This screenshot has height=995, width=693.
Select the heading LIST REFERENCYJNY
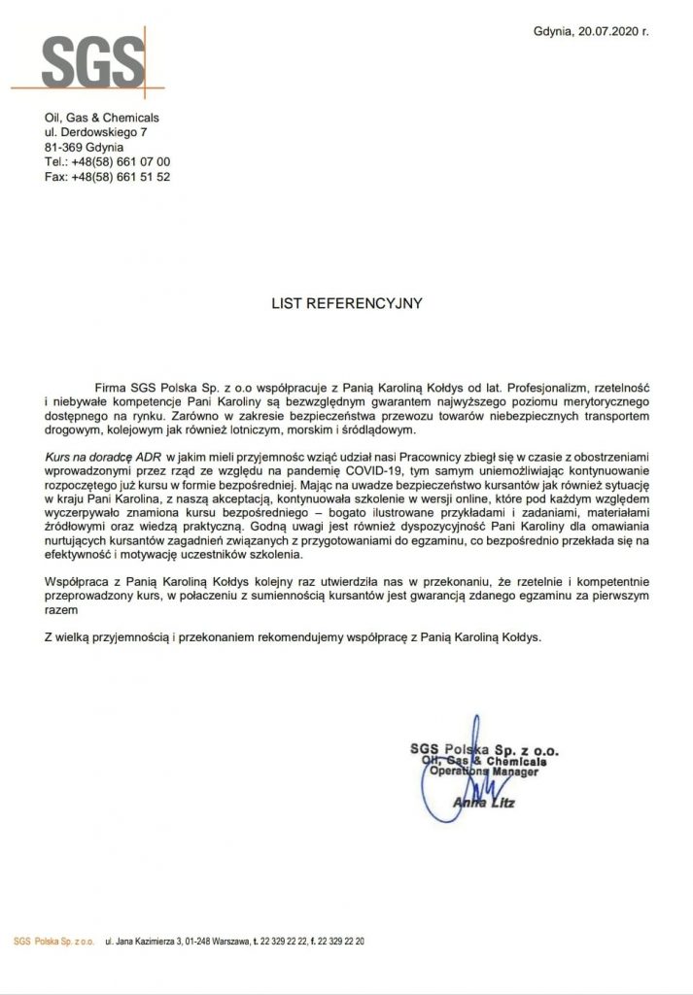pos(346,303)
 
